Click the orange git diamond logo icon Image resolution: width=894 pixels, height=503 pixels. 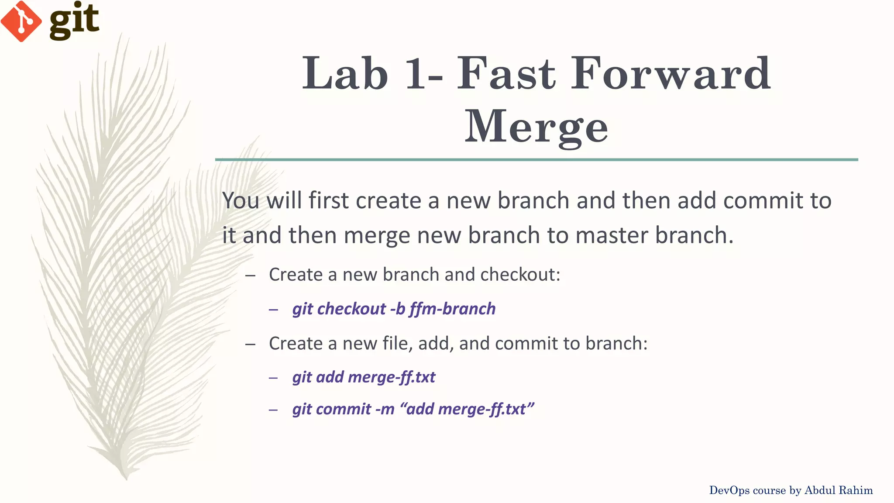pyautogui.click(x=21, y=21)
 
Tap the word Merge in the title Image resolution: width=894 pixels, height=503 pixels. pyautogui.click(x=536, y=127)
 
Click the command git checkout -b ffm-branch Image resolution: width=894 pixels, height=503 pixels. pyautogui.click(x=394, y=309)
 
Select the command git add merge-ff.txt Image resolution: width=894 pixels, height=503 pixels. pyautogui.click(x=364, y=377)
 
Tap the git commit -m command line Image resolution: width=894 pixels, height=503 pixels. pyautogui.click(x=413, y=409)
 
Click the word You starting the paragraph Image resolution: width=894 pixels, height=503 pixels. pyautogui.click(x=241, y=201)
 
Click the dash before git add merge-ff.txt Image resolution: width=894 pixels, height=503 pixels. pyautogui.click(x=274, y=378)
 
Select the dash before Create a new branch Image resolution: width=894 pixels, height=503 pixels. pyautogui.click(x=250, y=275)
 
